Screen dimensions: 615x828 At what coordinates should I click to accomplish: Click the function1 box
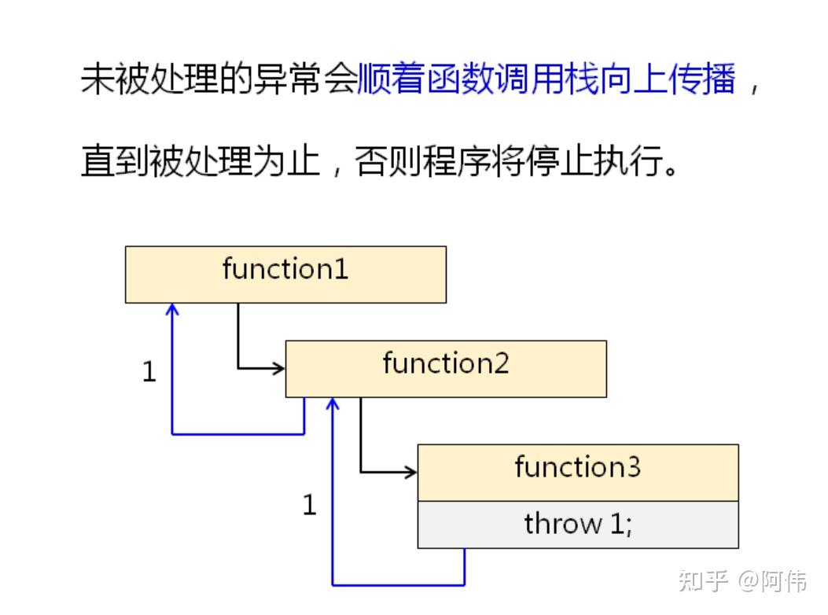point(285,274)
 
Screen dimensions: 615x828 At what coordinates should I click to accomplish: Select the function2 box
point(446,368)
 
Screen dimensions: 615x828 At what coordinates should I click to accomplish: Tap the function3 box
point(578,472)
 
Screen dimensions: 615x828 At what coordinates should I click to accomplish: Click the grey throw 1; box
point(578,524)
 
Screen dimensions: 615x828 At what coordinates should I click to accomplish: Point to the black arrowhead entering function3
point(410,472)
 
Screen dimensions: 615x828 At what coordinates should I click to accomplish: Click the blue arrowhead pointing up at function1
point(172,310)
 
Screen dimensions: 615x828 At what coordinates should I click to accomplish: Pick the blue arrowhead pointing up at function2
point(333,404)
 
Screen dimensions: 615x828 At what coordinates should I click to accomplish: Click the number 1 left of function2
point(149,372)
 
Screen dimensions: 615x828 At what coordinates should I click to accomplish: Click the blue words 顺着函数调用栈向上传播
point(546,81)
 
